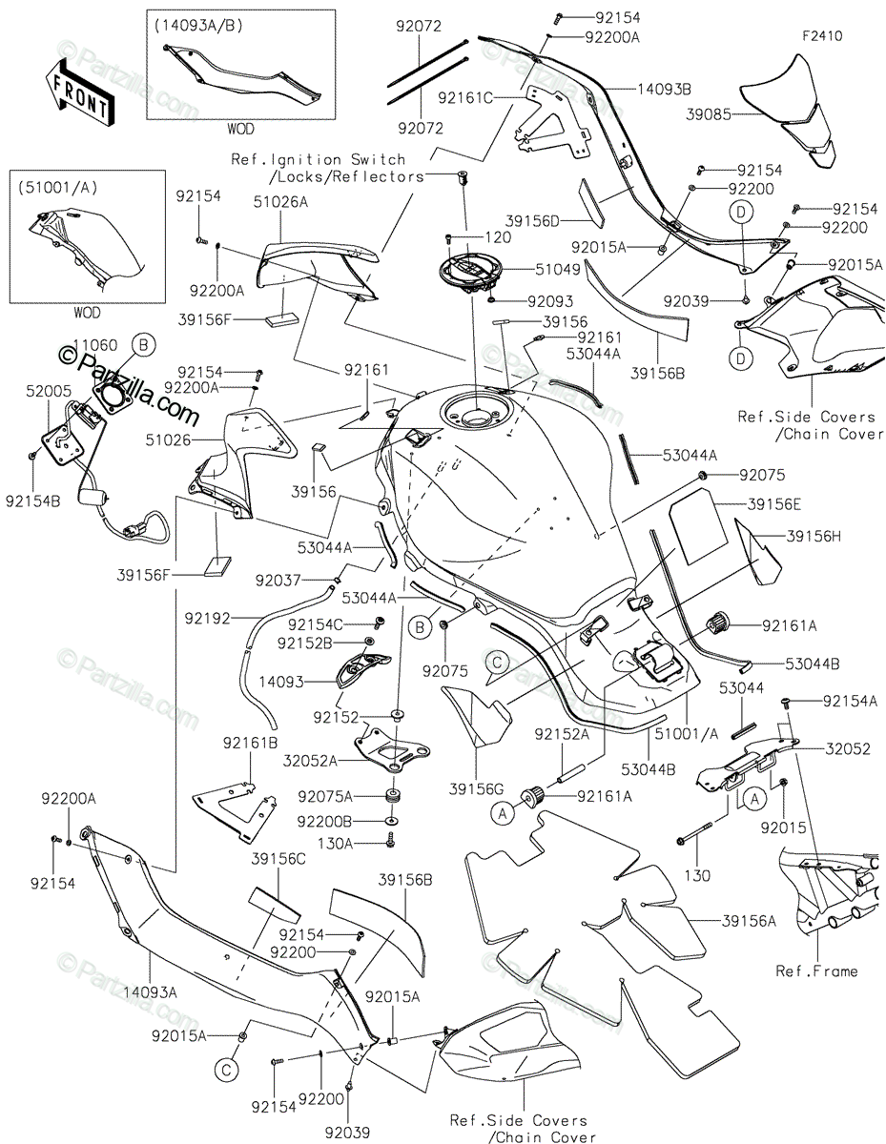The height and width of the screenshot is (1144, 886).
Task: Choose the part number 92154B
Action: (x=35, y=498)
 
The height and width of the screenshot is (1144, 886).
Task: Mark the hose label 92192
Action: (x=208, y=618)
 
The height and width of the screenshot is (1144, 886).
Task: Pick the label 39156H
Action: (x=814, y=537)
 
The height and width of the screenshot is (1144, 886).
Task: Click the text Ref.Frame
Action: (x=816, y=970)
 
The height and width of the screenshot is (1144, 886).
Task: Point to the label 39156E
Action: (x=774, y=503)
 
